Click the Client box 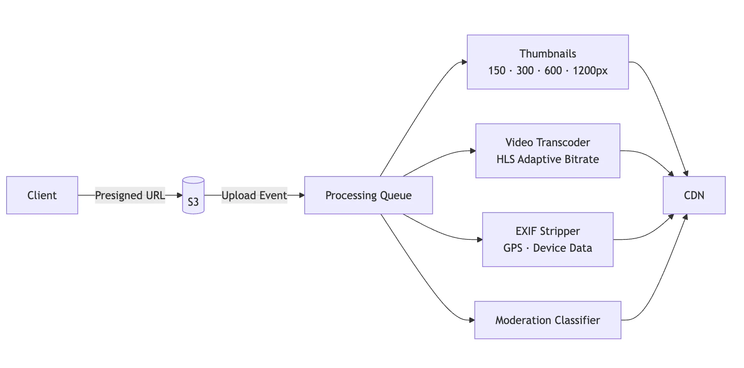(42, 195)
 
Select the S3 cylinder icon (193, 195)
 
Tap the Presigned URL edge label (130, 195)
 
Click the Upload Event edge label (254, 195)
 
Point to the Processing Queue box (368, 195)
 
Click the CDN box (694, 195)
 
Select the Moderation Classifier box (547, 320)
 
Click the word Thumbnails (547, 54)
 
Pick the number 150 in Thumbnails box (496, 71)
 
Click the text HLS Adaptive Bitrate (547, 159)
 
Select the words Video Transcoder (547, 143)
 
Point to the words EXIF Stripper (547, 231)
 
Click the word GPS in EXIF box (512, 248)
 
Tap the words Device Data (562, 248)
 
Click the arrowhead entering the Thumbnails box (464, 62)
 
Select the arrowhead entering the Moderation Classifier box (472, 320)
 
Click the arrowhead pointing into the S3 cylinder (179, 195)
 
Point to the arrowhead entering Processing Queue (302, 195)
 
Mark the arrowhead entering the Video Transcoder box (473, 151)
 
